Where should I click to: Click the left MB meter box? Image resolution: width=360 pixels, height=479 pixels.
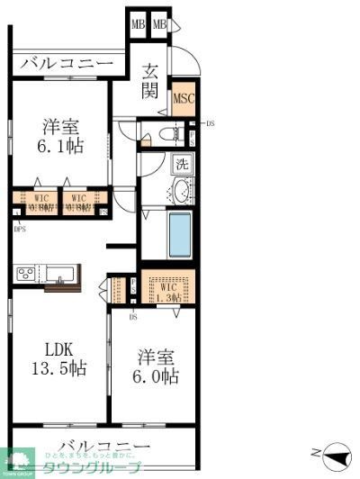click(138, 24)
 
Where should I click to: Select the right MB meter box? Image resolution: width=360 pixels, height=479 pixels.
click(159, 24)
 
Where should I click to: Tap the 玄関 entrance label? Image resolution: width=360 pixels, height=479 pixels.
click(150, 82)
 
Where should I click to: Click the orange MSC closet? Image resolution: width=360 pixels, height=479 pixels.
click(184, 99)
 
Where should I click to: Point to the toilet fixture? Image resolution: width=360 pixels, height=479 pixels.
click(165, 134)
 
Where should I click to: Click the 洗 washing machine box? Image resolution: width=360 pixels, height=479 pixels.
click(181, 165)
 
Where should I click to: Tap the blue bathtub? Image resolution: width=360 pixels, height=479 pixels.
click(181, 234)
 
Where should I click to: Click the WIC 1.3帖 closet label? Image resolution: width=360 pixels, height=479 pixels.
click(166, 290)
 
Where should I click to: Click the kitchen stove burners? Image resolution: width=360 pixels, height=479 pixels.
click(24, 273)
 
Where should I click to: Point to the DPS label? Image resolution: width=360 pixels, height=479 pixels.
click(20, 229)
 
